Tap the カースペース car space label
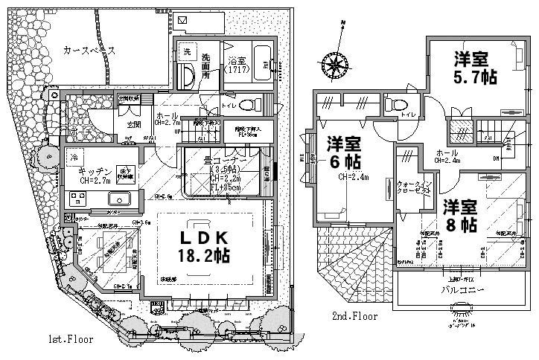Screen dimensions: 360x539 click(x=89, y=50)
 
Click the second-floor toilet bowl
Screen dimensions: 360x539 click(x=395, y=104)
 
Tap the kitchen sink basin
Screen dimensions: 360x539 click(x=118, y=199)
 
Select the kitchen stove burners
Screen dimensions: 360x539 click(x=78, y=199)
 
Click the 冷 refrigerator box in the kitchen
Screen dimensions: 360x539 click(x=74, y=157)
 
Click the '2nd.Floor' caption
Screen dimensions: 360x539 click(x=354, y=316)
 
